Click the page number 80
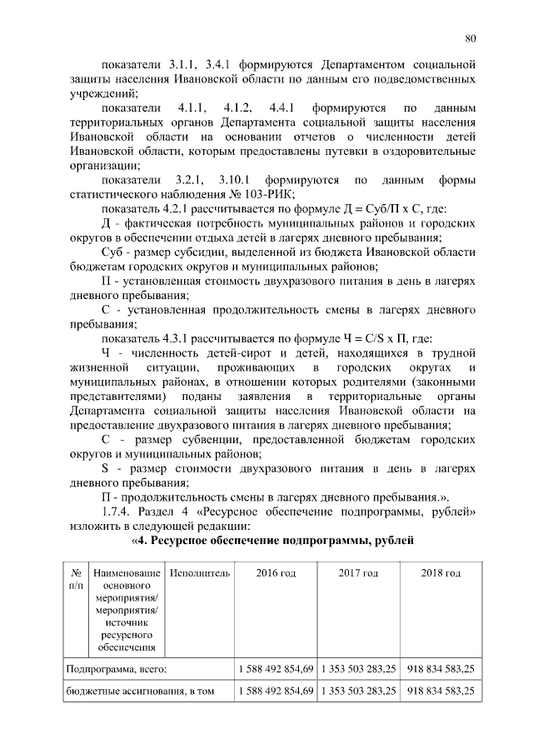point(471,37)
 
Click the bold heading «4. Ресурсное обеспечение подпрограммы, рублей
point(272,542)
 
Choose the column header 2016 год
point(275,574)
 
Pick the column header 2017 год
point(357,574)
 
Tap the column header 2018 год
point(441,574)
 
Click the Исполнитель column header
point(198,574)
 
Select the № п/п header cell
point(75,580)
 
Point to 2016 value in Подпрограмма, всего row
point(275,668)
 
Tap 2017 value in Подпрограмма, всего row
point(357,668)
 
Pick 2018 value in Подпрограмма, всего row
point(441,668)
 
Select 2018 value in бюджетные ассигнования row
point(441,692)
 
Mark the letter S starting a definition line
point(106,468)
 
